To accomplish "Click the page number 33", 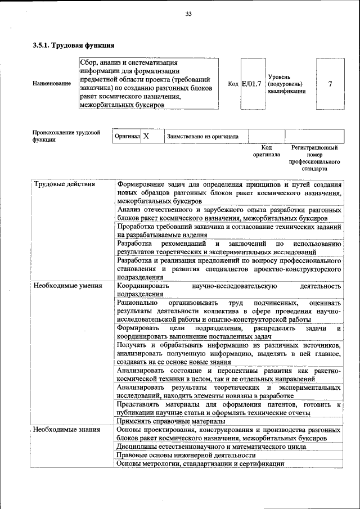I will coord(188,14).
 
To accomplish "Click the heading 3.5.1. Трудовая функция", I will coord(74,44).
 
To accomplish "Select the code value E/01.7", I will coord(251,84).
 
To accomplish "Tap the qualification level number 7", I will coord(330,84).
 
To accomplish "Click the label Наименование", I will coord(52,84).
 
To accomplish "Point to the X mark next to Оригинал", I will coord(146,136).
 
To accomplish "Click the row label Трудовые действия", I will coord(65,184).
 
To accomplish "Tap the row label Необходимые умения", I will coord(67,286).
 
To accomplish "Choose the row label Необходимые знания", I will coord(67,429).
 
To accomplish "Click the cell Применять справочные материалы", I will coord(171,421).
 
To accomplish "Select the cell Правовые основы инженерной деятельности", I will coord(186,454).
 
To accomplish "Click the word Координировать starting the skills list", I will coord(142,286).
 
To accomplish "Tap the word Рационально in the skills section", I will coord(138,303).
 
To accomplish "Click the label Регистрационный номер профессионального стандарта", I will coord(314,157).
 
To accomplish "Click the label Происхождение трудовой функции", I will coord(66,136).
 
